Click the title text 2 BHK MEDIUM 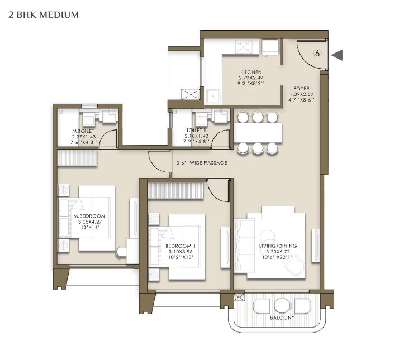pyautogui.click(x=44, y=15)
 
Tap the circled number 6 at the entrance pyautogui.click(x=317, y=54)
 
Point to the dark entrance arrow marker pyautogui.click(x=337, y=55)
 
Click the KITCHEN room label pyautogui.click(x=251, y=73)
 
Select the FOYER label pyautogui.click(x=302, y=89)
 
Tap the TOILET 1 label pyautogui.click(x=198, y=131)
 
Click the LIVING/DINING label pyautogui.click(x=278, y=246)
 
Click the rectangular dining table pyautogui.click(x=258, y=132)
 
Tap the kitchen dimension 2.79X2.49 pyautogui.click(x=251, y=78)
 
